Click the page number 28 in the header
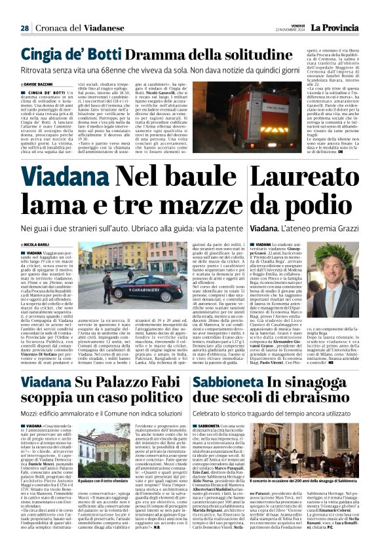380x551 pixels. click(24, 28)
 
